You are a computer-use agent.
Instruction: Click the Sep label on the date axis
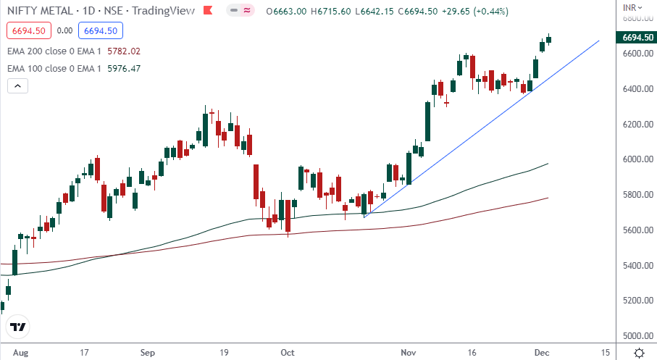pyautogui.click(x=148, y=353)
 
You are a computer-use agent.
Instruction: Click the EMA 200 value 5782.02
pyautogui.click(x=123, y=51)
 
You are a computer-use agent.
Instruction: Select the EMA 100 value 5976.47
pyautogui.click(x=123, y=69)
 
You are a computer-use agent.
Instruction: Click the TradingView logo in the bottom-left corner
pyautogui.click(x=18, y=327)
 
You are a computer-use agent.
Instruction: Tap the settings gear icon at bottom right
pyautogui.click(x=640, y=353)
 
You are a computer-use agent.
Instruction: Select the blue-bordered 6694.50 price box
pyautogui.click(x=101, y=31)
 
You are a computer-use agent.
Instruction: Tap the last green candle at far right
pyautogui.click(x=549, y=40)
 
